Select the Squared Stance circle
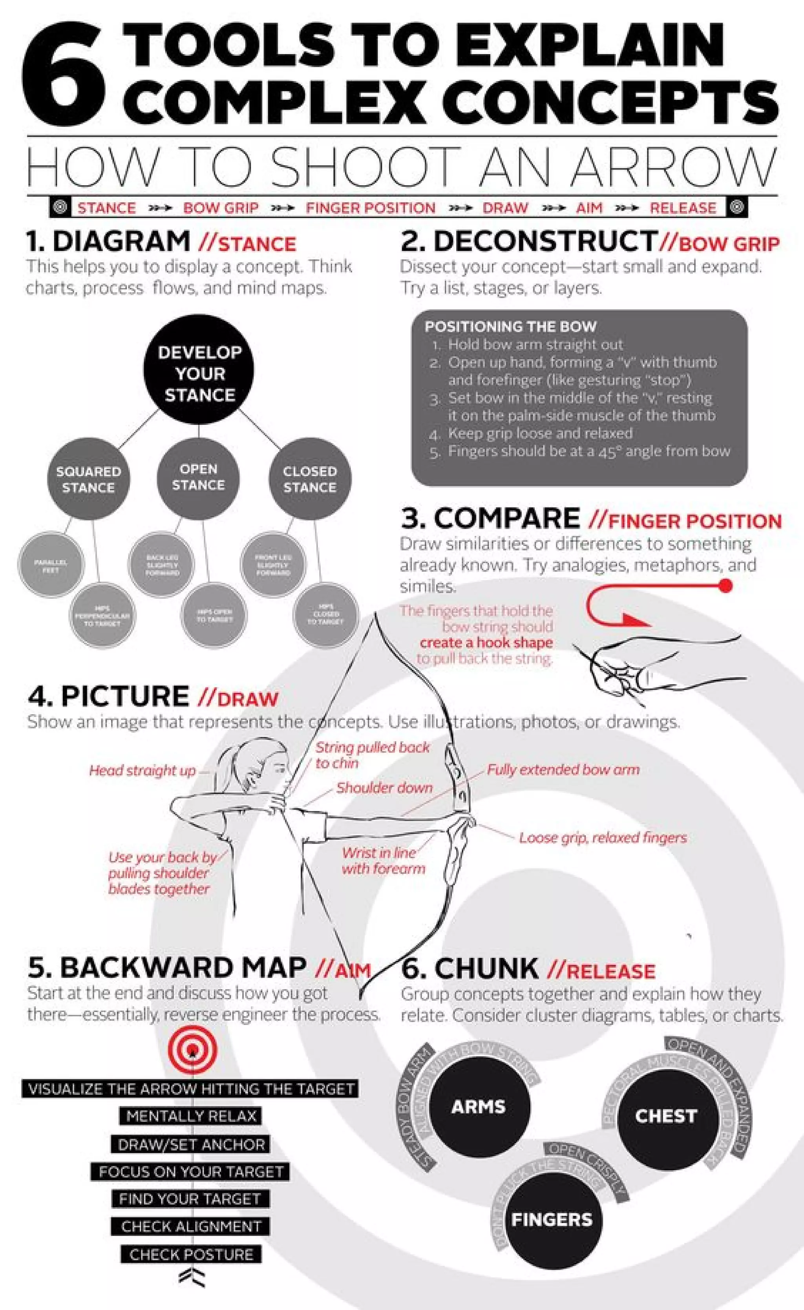(88, 479)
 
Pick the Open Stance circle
(198, 477)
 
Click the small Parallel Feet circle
(51, 565)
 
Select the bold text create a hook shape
(486, 642)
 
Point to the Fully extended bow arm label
(563, 769)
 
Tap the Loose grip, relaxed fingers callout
(603, 837)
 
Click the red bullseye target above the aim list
(192, 1051)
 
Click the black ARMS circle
(478, 1107)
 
